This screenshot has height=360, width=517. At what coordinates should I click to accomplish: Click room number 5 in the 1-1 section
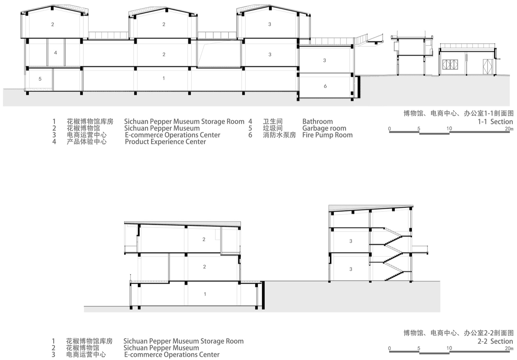coord(40,79)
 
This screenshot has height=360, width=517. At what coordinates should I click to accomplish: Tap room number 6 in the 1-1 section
coord(325,86)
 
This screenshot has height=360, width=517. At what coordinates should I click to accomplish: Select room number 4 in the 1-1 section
coord(55,53)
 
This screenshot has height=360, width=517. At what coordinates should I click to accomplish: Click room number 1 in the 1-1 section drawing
coord(164,78)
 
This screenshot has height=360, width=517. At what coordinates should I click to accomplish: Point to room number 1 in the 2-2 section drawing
coord(205,294)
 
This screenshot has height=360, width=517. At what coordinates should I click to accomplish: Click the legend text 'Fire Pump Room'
coord(328,135)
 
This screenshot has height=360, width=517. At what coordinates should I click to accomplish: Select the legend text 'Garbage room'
coord(324,128)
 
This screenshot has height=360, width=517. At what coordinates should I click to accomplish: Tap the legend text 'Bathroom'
coord(317,121)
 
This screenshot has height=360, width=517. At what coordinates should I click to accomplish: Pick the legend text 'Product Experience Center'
coord(165,142)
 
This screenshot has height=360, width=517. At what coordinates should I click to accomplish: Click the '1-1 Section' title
coord(495,121)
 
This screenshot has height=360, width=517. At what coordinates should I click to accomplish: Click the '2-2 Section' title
coord(495,341)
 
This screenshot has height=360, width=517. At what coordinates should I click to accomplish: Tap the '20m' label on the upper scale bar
coord(509,129)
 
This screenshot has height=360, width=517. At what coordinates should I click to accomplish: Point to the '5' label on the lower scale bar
coord(419,348)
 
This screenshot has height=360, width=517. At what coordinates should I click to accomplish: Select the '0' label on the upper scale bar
coord(390,129)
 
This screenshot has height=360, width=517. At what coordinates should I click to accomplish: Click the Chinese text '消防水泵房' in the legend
coord(279,135)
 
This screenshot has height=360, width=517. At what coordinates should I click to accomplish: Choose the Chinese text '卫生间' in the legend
coord(272,121)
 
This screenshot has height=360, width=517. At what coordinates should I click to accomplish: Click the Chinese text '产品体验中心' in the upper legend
coord(87,142)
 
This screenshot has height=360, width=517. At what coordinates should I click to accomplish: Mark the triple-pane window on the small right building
coord(450,65)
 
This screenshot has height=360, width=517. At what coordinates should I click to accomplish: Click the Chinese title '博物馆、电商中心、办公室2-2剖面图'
coord(458,333)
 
